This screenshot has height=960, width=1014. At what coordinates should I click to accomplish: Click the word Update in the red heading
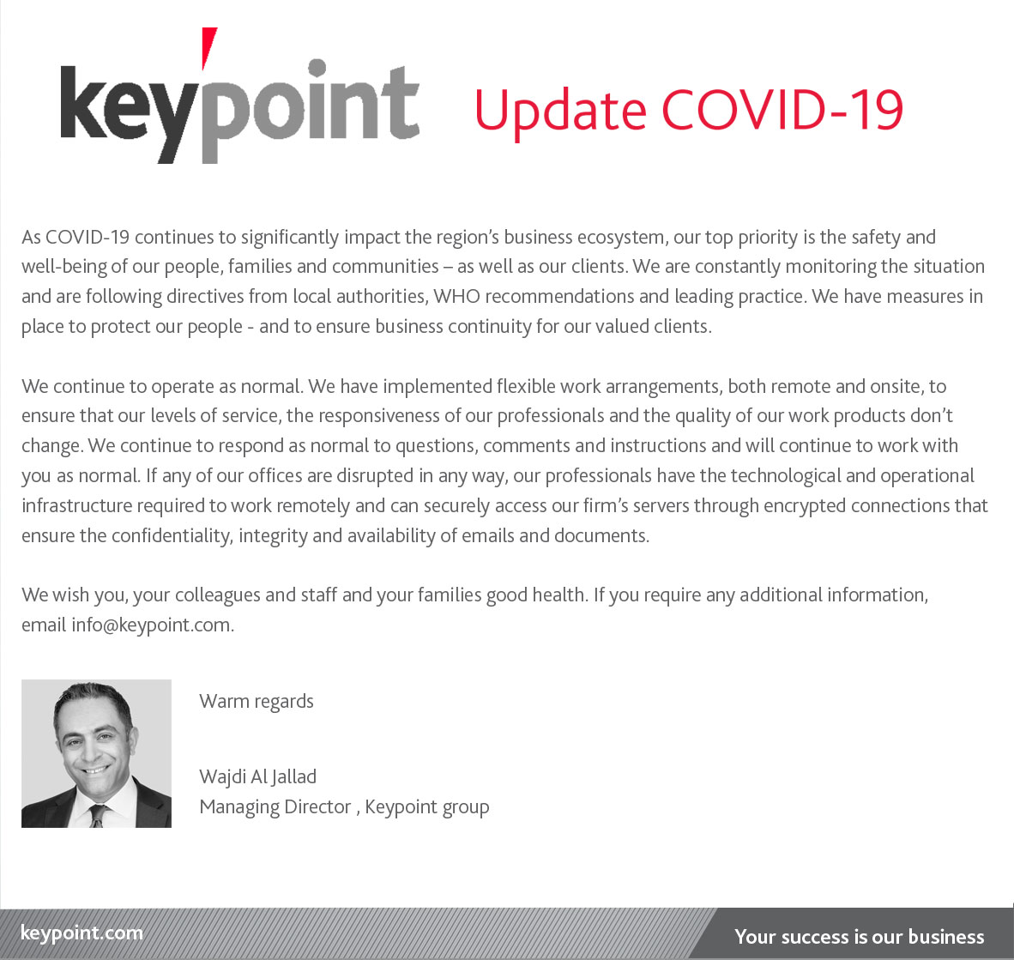[x=559, y=111]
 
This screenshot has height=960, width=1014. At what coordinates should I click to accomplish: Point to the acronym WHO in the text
[x=456, y=297]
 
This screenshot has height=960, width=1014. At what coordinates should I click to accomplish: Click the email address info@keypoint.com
[x=151, y=625]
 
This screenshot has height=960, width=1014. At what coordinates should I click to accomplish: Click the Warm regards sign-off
[x=257, y=702]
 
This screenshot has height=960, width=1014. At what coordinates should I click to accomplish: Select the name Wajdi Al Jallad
[x=257, y=777]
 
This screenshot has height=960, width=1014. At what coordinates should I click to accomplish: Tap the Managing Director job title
[x=275, y=807]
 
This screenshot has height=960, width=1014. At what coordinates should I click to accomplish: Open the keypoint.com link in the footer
[x=81, y=933]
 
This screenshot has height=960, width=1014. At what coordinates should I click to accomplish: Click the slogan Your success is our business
[x=859, y=937]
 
